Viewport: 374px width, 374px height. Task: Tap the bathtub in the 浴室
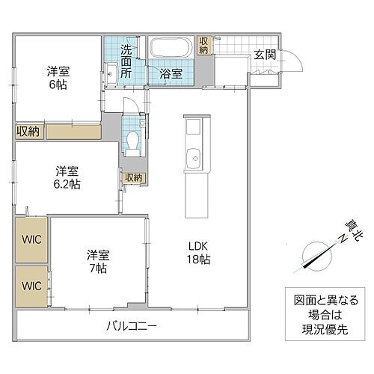(x=172, y=49)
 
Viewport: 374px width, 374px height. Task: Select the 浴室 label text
(x=171, y=73)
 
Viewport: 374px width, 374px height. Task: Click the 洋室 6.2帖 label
(x=67, y=177)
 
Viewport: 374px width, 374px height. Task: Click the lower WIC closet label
(x=31, y=286)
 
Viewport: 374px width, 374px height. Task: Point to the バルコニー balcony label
(x=131, y=325)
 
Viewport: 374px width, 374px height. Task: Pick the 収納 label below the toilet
(x=134, y=177)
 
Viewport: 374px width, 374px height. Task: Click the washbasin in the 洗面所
(x=110, y=73)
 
